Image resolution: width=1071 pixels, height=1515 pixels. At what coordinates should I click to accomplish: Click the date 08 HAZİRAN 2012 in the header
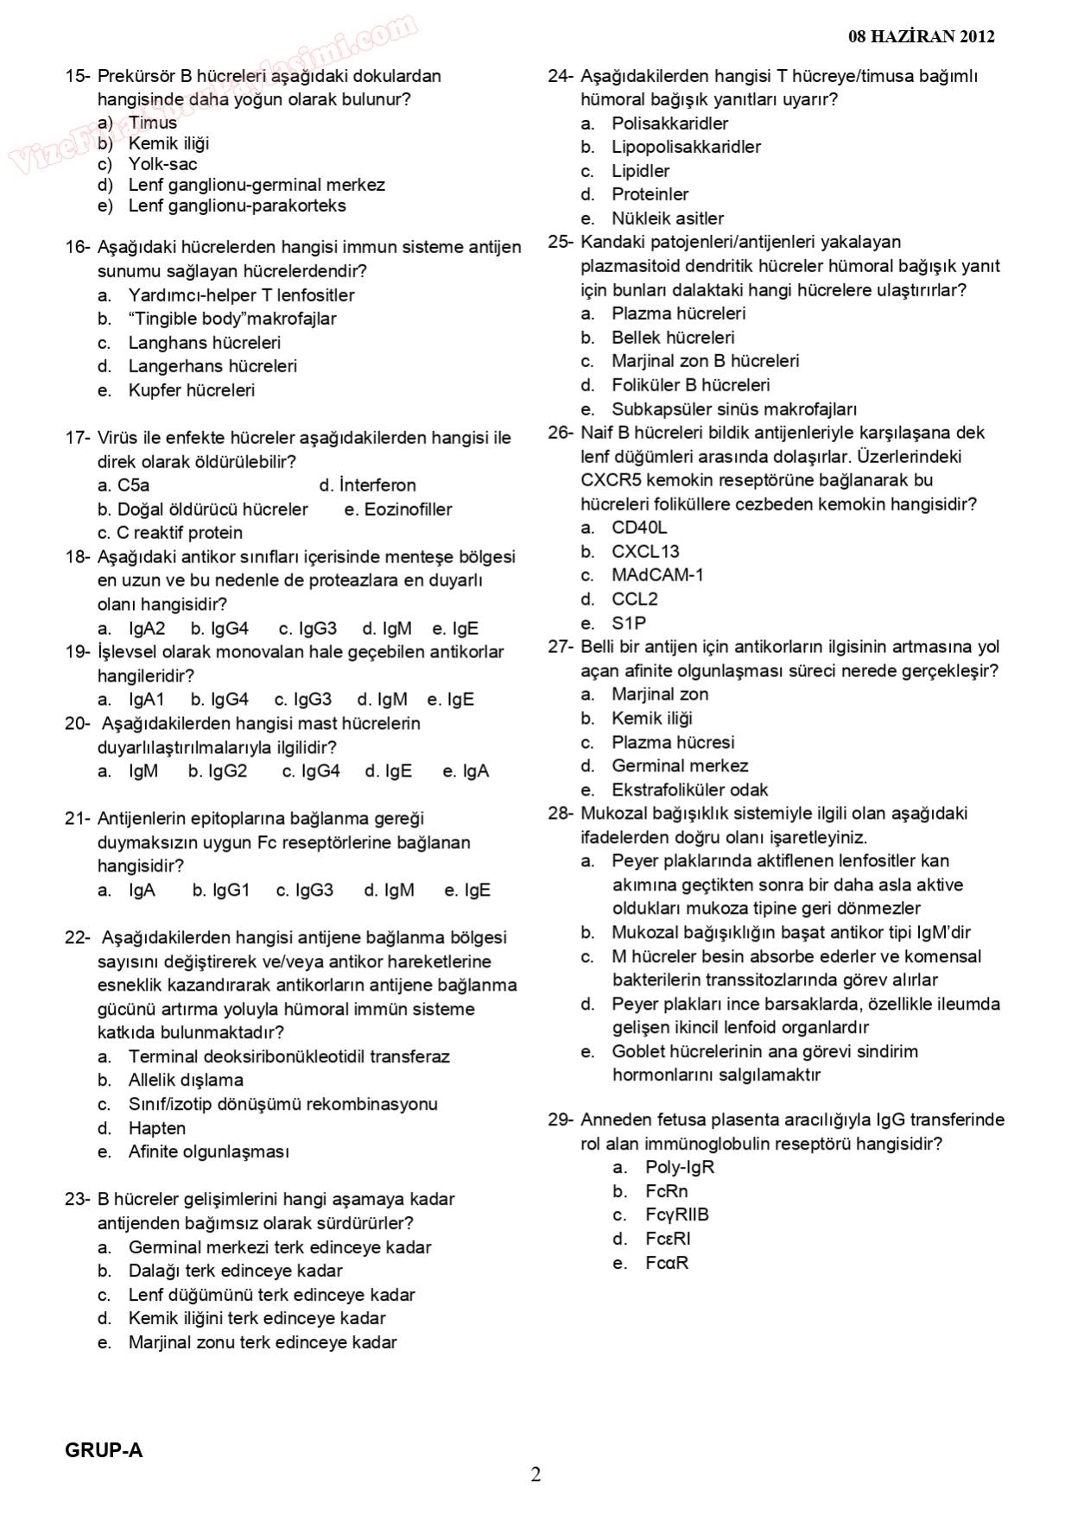click(x=921, y=36)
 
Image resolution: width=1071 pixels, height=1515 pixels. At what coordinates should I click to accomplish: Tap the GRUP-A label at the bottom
click(x=104, y=1450)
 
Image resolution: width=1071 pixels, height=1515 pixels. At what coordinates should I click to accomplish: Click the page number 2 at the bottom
click(x=535, y=1474)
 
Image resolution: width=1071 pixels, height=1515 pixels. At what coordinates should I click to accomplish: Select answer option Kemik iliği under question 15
click(x=168, y=143)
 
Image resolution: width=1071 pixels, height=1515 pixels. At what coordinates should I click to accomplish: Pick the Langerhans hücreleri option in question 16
click(x=212, y=366)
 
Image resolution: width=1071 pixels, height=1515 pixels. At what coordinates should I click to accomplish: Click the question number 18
click(x=76, y=557)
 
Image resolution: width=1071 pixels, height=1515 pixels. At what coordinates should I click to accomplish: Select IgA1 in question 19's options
click(x=146, y=700)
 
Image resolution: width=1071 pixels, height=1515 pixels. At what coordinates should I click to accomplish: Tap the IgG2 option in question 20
click(x=227, y=771)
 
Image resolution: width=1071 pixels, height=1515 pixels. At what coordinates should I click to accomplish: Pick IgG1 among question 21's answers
click(x=229, y=891)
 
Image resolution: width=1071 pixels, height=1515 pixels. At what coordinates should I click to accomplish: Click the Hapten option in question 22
click(x=157, y=1128)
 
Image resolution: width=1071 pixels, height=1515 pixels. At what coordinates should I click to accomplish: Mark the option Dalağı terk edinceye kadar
click(x=235, y=1271)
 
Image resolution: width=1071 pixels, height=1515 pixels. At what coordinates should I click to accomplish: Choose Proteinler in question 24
click(x=650, y=194)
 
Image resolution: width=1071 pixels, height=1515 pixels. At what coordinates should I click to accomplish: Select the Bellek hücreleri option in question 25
click(x=673, y=338)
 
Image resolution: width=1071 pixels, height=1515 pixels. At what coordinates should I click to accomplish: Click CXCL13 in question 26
click(x=645, y=551)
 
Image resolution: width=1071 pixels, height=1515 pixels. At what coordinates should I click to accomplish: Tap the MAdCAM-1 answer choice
click(x=657, y=575)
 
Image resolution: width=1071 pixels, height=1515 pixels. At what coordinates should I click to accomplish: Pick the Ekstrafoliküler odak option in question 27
click(x=689, y=789)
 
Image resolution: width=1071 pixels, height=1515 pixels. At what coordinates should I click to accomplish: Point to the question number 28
click(x=560, y=814)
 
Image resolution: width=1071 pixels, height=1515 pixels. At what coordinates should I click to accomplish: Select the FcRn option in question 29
click(x=666, y=1191)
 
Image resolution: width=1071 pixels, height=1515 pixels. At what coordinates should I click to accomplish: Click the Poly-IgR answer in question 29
click(x=680, y=1168)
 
